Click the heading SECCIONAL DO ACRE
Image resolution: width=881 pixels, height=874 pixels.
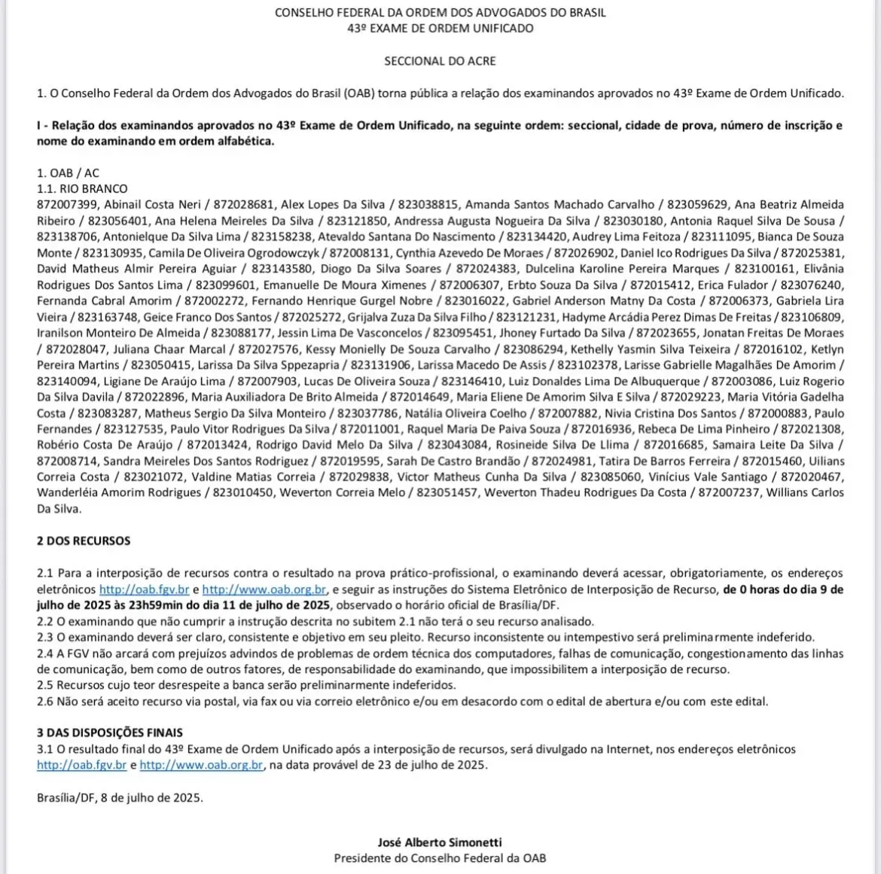(x=440, y=61)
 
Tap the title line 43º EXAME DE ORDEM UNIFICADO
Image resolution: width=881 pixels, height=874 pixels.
(x=440, y=29)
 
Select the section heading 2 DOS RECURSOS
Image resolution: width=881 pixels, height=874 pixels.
(x=84, y=541)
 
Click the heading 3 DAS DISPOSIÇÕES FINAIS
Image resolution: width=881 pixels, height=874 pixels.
(x=110, y=732)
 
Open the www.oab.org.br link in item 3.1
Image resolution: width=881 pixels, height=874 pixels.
(x=201, y=765)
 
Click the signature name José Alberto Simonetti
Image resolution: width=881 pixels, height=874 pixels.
(x=440, y=842)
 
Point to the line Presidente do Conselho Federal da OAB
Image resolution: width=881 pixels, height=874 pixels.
(x=440, y=858)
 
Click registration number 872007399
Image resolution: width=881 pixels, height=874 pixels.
(x=67, y=205)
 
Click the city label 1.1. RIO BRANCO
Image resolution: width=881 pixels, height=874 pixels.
(x=82, y=189)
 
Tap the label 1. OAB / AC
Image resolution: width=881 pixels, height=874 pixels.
(x=68, y=173)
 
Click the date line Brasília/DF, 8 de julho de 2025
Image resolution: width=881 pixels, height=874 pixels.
(x=120, y=797)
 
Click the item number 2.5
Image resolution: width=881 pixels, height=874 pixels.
(x=45, y=686)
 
